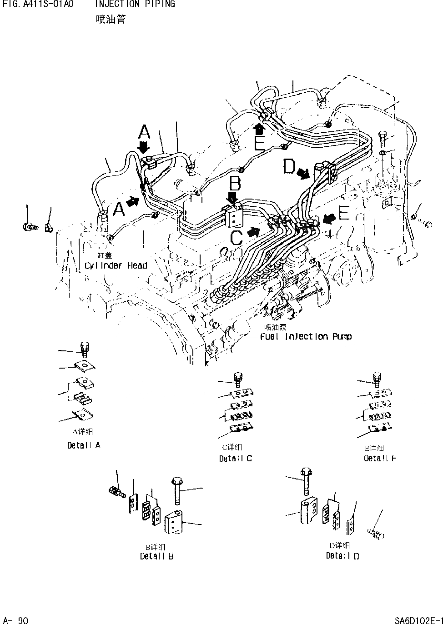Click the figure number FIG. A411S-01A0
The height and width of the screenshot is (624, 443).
coord(37,4)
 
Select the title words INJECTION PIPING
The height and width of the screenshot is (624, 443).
coord(135,4)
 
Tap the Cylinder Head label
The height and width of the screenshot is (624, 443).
coord(116,265)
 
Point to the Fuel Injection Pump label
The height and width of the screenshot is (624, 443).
coord(306,337)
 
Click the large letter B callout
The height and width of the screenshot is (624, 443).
coord(235,184)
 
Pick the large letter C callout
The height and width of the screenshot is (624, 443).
coord(237,237)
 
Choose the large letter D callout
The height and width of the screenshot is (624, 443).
coord(289,166)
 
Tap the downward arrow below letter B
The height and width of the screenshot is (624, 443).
coord(232,197)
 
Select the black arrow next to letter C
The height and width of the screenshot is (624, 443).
coord(253,232)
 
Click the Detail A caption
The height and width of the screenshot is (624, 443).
coord(84,445)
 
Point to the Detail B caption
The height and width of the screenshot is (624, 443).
coord(156,556)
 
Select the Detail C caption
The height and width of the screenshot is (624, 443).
coord(235,459)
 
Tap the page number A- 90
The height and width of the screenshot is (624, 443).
coord(16,620)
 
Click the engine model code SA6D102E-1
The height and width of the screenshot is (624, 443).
coord(418,620)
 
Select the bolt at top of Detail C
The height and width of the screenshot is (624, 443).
coord(237,378)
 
